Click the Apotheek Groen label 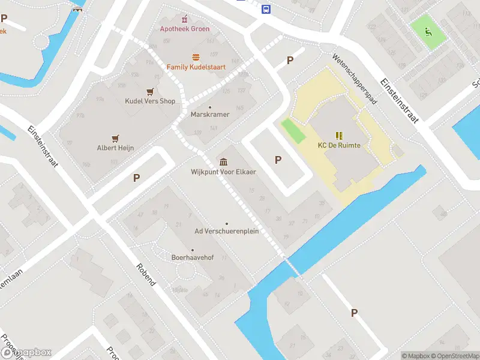pos(184,29)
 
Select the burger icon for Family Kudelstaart pos(196,57)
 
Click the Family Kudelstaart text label pos(196,67)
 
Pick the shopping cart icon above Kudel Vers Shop pos(149,91)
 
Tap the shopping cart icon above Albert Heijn pos(115,137)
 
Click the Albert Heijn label pos(115,148)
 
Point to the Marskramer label pos(209,115)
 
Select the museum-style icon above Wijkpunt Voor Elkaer pos(223,161)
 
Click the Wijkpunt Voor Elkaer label pos(223,172)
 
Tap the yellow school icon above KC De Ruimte pos(339,135)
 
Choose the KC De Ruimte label pos(339,145)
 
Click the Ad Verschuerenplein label pos(226,232)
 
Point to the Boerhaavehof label pos(192,258)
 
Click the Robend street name pos(146,275)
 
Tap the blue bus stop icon pos(266,8)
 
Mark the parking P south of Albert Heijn pos(136,178)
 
